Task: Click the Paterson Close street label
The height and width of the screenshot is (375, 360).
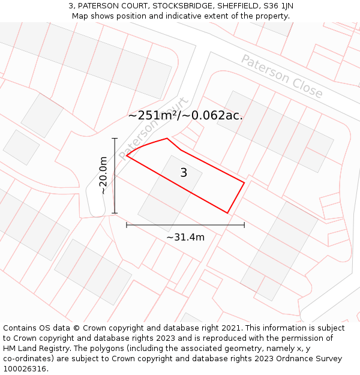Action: coord(281,76)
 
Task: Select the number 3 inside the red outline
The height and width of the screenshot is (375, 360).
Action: coord(184,173)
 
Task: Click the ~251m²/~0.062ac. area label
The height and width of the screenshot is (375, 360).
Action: coord(185,116)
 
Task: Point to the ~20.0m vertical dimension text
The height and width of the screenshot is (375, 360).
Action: coord(104,175)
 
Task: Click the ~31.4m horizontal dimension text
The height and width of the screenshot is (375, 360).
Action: coord(185,237)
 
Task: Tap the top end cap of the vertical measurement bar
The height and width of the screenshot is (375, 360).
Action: coord(115,139)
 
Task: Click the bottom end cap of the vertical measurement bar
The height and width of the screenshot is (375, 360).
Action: coord(115,213)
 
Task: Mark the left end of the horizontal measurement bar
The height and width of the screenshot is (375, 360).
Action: coord(127,225)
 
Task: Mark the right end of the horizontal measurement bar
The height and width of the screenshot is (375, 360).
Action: coord(244,225)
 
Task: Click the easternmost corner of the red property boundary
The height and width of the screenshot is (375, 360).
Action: coord(245,182)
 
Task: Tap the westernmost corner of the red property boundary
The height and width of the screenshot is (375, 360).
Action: coord(127,157)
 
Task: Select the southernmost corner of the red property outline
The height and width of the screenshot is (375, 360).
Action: coord(228,213)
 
